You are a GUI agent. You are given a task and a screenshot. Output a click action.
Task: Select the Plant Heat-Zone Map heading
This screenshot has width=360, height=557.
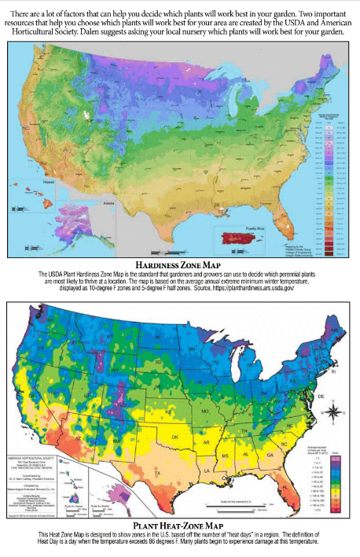tap(180, 524)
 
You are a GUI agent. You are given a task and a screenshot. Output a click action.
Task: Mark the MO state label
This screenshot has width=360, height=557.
tap(227, 411)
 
